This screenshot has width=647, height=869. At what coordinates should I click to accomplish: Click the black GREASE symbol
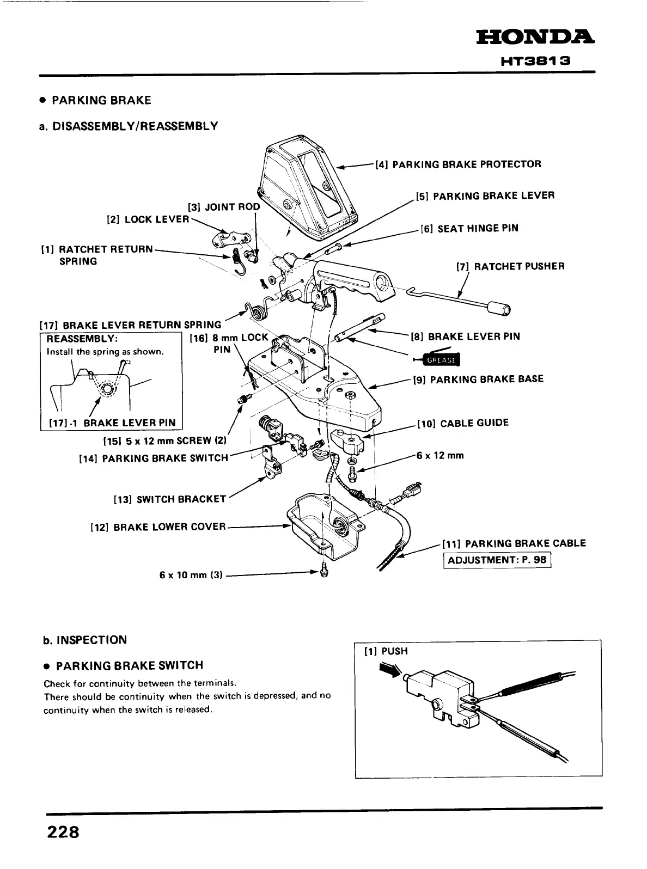point(442,360)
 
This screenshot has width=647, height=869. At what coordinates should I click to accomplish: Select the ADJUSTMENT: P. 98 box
point(497,560)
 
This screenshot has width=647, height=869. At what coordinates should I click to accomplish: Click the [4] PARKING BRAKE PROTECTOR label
point(458,164)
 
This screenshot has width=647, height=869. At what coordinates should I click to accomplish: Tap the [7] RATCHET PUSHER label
point(510,266)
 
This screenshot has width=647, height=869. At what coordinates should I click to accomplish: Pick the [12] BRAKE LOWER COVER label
point(157,527)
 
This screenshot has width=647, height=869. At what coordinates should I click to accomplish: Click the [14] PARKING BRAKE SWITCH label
point(154,458)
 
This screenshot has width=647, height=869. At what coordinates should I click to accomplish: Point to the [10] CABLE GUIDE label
point(463,423)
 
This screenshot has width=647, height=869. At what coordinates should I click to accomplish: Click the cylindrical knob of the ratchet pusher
point(499,309)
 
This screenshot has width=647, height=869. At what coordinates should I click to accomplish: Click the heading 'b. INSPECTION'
point(84,640)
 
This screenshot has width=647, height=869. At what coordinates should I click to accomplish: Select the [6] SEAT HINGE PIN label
point(469,229)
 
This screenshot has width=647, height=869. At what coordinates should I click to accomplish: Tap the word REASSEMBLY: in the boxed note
point(80,339)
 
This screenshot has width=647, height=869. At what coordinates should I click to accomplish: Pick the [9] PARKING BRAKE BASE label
point(478,379)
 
